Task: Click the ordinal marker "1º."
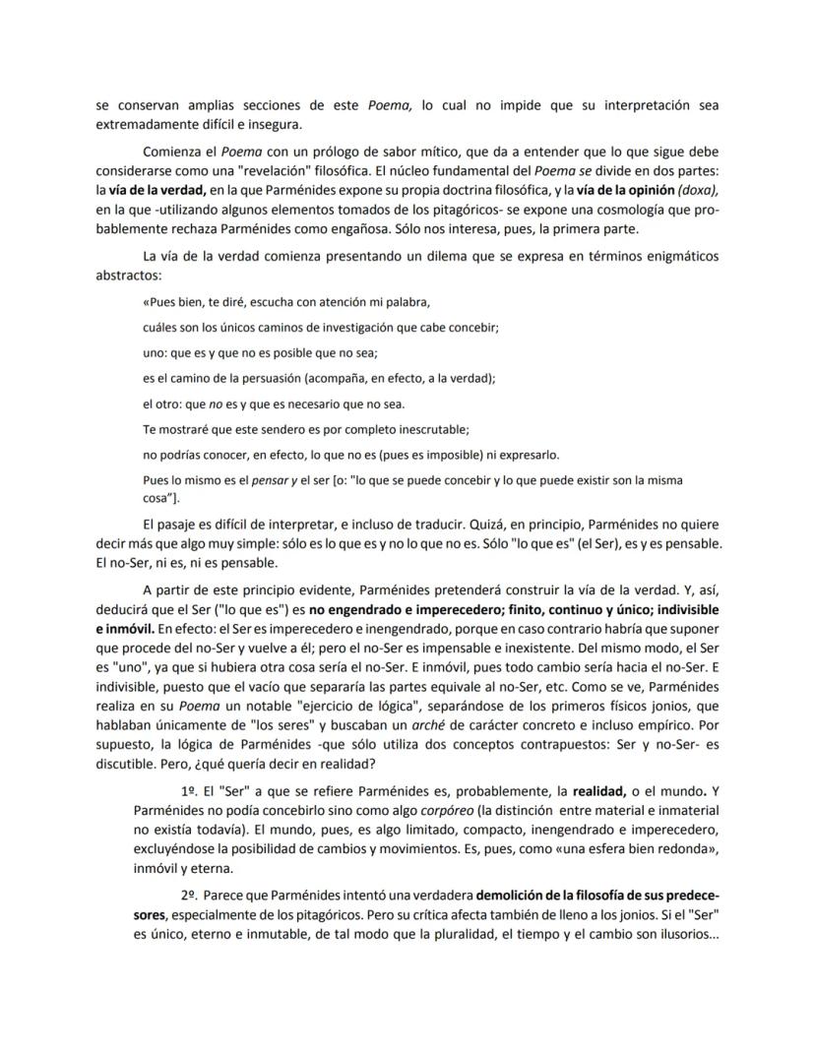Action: coord(190,792)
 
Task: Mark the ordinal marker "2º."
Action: coord(190,896)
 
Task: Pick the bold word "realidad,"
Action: coord(600,792)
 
